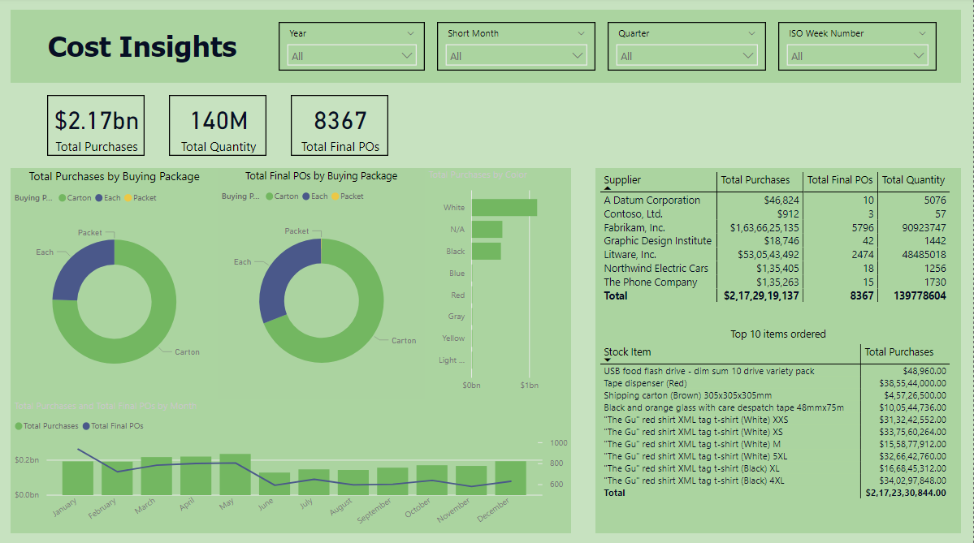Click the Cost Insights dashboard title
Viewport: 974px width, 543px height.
142,46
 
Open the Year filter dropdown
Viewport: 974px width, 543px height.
352,56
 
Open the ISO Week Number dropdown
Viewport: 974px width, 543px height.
857,56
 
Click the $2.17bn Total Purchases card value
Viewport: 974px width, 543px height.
97,121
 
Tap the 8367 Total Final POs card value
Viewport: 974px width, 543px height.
340,121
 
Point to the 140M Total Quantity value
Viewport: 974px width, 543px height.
218,121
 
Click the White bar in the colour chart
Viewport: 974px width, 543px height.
504,208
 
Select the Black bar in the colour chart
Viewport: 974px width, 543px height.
486,252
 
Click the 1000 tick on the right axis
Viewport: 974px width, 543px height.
558,443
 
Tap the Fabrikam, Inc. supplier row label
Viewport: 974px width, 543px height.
634,227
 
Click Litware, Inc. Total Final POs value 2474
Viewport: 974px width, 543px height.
862,255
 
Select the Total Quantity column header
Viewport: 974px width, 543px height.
913,179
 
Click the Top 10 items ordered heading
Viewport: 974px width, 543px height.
777,334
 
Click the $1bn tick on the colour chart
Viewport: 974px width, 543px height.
529,384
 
